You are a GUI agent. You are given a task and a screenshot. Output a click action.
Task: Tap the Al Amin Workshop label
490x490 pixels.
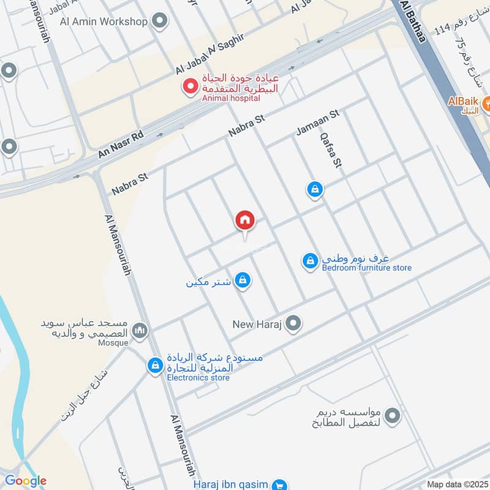104,22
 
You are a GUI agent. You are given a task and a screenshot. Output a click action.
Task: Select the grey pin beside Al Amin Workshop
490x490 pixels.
160,22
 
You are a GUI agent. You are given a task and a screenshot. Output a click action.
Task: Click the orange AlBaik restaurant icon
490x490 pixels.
488,104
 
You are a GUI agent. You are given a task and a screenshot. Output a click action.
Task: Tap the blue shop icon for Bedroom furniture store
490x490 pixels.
311,261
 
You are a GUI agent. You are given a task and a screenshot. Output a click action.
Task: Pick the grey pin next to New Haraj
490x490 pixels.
294,323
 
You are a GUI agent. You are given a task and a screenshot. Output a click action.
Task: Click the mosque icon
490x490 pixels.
140,331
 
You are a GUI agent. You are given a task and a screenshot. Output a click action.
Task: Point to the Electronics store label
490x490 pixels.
198,377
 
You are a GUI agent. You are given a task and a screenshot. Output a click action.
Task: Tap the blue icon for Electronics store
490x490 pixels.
156,366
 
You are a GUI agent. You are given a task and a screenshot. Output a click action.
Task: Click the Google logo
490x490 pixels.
26,481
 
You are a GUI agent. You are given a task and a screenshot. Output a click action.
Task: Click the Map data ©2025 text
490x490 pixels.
457,484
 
